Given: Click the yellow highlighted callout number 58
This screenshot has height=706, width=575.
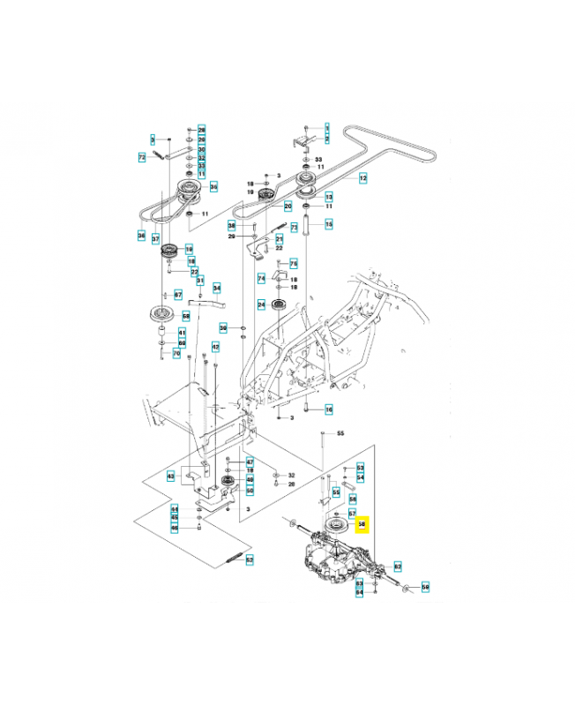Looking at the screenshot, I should click(360, 524).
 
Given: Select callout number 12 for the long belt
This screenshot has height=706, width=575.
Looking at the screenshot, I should click(362, 178).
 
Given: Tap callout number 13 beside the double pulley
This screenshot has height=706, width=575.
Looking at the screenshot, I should click(329, 197).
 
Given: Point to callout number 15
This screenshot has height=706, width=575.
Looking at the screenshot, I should click(329, 225).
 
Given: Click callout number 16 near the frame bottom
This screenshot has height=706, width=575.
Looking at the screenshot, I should click(329, 409).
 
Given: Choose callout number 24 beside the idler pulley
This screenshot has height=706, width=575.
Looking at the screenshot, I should click(261, 305).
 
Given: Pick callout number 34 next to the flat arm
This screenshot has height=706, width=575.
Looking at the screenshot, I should click(216, 289).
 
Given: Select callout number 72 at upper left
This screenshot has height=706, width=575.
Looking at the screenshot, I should click(141, 157).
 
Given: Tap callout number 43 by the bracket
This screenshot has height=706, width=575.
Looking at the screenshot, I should click(170, 476).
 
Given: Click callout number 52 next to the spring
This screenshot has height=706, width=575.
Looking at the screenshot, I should click(250, 560).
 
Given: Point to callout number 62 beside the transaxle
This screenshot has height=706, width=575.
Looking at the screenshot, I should click(398, 566).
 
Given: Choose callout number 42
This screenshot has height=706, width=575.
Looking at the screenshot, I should click(215, 348).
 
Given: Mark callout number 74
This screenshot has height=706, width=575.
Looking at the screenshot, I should click(261, 278).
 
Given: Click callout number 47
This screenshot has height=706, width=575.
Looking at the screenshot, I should click(250, 462).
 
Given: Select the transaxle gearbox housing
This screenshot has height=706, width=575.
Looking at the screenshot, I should click(340, 560).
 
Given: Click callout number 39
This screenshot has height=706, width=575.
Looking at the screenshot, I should click(223, 328).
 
